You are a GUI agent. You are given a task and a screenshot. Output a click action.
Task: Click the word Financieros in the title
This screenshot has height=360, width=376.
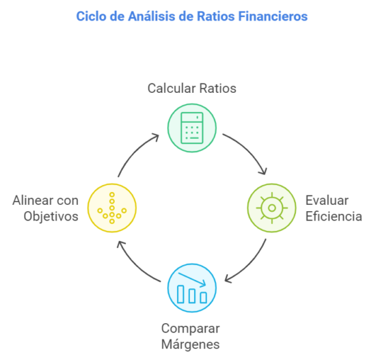tap(273, 16)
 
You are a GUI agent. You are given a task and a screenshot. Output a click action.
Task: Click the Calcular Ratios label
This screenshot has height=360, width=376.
tap(192, 88)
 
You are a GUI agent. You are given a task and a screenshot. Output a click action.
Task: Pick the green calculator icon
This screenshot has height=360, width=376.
tap(192, 128)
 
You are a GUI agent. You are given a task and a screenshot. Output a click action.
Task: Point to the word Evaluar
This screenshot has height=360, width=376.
tap(327, 200)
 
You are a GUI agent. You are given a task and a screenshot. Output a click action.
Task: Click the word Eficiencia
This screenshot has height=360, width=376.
tap(334, 216)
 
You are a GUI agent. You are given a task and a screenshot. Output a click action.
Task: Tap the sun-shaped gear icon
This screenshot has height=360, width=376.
tap(271, 208)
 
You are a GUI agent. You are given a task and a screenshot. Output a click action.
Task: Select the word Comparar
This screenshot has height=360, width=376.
tap(191, 329)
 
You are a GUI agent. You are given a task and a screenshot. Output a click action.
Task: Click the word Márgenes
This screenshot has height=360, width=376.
tap(191, 344)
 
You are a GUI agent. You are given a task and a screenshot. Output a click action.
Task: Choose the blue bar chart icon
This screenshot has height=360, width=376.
tap(192, 288)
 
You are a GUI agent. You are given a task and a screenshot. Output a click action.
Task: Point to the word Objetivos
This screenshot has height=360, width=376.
tap(51, 216)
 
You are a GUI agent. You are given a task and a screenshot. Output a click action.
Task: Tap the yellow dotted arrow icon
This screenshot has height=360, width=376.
tap(112, 208)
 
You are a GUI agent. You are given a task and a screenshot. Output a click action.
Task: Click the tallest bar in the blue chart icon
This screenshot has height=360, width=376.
tap(180, 294)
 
